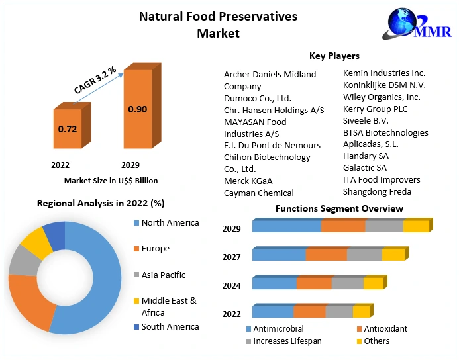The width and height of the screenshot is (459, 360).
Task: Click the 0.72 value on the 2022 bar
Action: point(68,129)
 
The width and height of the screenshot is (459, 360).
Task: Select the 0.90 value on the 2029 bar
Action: point(137,109)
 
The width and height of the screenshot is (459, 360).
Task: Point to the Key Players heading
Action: point(334,56)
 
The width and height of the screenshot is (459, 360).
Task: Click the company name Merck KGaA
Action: point(248,181)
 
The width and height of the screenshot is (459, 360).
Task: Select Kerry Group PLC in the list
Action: point(376,109)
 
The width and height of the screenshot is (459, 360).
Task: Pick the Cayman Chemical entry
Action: point(259,193)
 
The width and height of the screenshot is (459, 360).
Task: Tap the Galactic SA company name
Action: point(365,168)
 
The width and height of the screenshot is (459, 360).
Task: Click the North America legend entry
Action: point(170,223)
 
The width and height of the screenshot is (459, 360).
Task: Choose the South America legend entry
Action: point(170,326)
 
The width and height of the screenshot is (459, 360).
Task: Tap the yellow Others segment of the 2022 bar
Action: point(360,312)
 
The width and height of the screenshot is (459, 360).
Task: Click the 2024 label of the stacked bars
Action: point(232,285)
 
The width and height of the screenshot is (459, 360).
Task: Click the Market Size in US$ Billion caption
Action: point(111,180)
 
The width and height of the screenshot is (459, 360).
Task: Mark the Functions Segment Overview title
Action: point(339,208)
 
